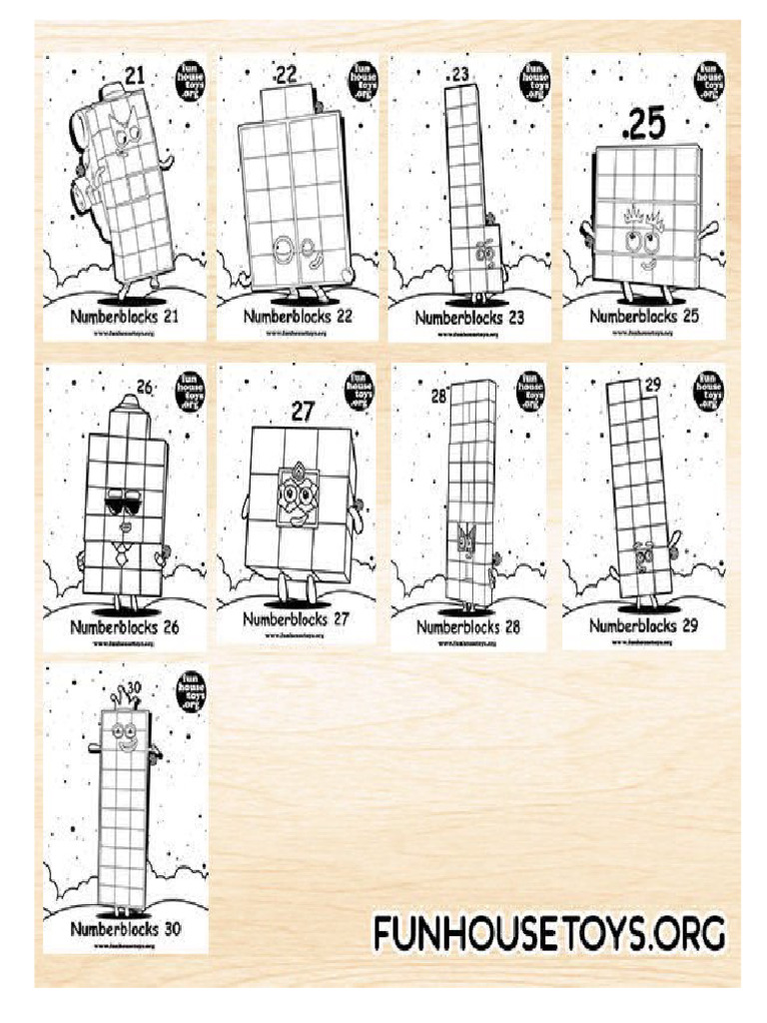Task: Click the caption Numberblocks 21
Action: (x=125, y=316)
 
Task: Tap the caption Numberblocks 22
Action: (x=299, y=316)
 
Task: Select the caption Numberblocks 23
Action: (x=469, y=319)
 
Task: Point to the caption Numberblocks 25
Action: (x=643, y=316)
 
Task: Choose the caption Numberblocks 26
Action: (x=125, y=628)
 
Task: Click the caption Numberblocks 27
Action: (x=297, y=618)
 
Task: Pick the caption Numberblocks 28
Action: (x=468, y=627)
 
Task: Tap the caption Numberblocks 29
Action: (x=642, y=625)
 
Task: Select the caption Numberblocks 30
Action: (x=125, y=928)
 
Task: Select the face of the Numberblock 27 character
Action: (x=295, y=498)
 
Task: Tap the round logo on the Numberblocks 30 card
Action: (x=189, y=691)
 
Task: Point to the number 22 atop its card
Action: (x=287, y=74)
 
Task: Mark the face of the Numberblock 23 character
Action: (x=487, y=252)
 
